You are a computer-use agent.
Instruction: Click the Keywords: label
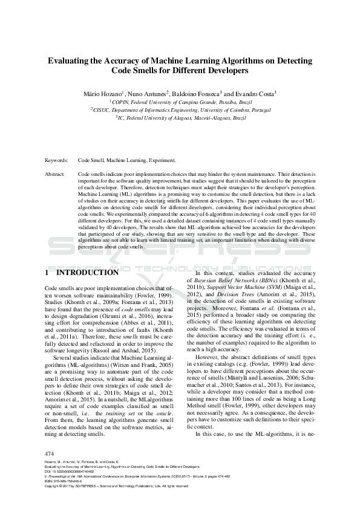[x=56, y=161]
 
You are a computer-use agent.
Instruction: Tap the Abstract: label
[x=55, y=173]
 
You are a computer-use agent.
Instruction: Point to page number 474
[x=50, y=453]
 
